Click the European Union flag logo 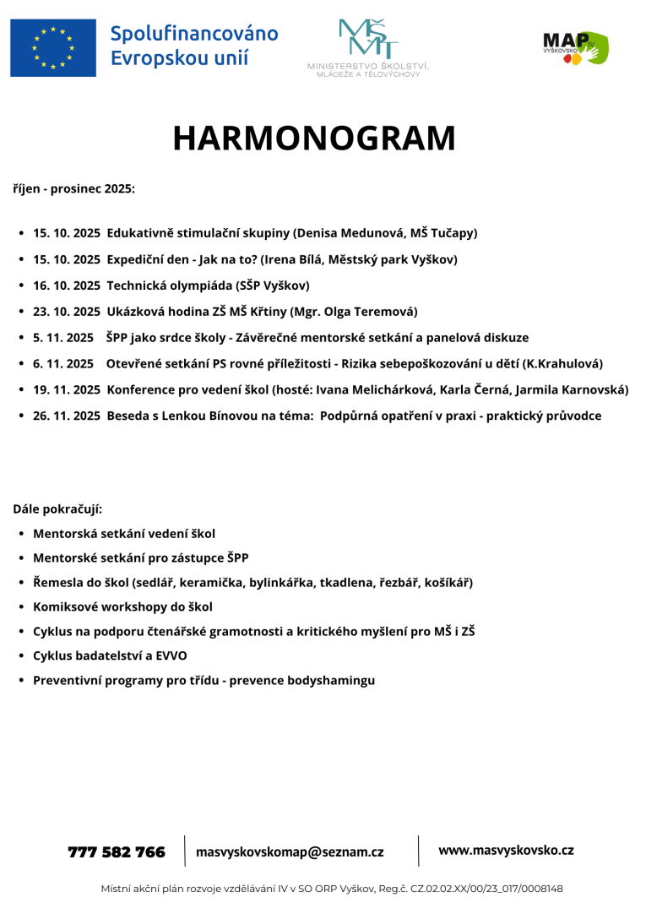click(x=53, y=47)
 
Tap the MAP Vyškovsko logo click(x=575, y=47)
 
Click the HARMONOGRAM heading click(x=314, y=139)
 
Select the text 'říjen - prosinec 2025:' click(x=73, y=188)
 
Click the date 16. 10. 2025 click(x=67, y=285)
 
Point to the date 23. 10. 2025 click(x=67, y=311)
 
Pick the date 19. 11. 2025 click(x=67, y=389)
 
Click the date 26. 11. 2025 click(x=67, y=416)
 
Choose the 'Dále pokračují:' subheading click(x=57, y=509)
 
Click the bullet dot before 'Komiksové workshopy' click(x=20, y=607)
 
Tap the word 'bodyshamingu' click(x=331, y=680)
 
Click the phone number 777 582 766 click(x=117, y=852)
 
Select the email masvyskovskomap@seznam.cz click(x=290, y=852)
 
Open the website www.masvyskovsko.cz click(x=506, y=851)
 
